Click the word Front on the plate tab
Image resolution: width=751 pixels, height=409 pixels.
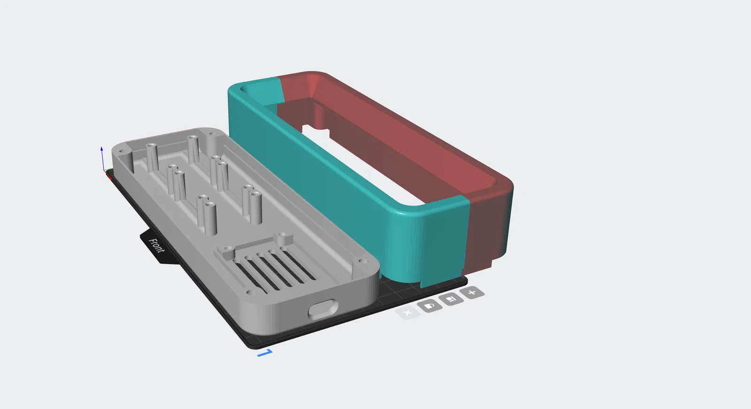pyautogui.click(x=157, y=246)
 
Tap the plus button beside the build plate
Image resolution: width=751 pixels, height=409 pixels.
pyautogui.click(x=472, y=293)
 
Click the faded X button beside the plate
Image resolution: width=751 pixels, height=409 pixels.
pyautogui.click(x=407, y=313)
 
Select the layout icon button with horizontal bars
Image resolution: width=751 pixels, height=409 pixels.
pyautogui.click(x=451, y=299)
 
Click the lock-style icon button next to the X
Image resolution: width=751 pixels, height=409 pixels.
pyautogui.click(x=429, y=306)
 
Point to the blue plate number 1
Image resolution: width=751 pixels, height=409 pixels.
pyautogui.click(x=265, y=353)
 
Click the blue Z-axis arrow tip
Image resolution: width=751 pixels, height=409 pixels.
pyautogui.click(x=101, y=148)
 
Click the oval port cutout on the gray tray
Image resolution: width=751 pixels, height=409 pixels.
pyautogui.click(x=323, y=309)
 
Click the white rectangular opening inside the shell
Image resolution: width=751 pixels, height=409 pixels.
pyautogui.click(x=362, y=164)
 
